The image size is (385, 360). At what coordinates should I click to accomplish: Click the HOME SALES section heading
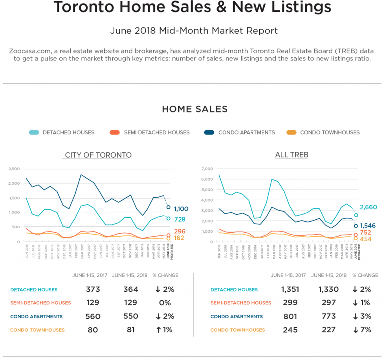pyautogui.click(x=194, y=109)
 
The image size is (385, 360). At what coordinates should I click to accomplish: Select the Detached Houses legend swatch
pyautogui.click(x=34, y=132)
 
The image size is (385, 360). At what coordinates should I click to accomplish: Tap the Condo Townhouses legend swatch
pyautogui.click(x=291, y=132)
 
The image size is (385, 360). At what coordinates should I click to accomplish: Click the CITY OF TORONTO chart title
pyautogui.click(x=98, y=155)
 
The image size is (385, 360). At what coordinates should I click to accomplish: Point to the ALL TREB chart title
pyautogui.click(x=291, y=155)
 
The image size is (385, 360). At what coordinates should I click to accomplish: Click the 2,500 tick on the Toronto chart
pyautogui.click(x=14, y=169)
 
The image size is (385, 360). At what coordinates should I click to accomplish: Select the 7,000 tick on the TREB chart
pyautogui.click(x=207, y=169)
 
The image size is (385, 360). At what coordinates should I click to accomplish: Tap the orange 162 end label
pyautogui.click(x=180, y=238)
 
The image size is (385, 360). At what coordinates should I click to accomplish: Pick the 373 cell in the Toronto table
pyautogui.click(x=93, y=290)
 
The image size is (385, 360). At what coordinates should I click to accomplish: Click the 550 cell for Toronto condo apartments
pyautogui.click(x=130, y=316)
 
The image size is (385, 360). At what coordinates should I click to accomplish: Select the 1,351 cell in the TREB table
pyautogui.click(x=290, y=290)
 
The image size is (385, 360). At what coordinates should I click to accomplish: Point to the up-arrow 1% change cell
pyautogui.click(x=164, y=330)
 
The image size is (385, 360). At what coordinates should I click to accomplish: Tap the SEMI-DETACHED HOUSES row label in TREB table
pyautogui.click(x=240, y=303)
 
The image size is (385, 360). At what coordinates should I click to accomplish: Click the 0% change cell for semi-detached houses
pyautogui.click(x=165, y=303)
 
